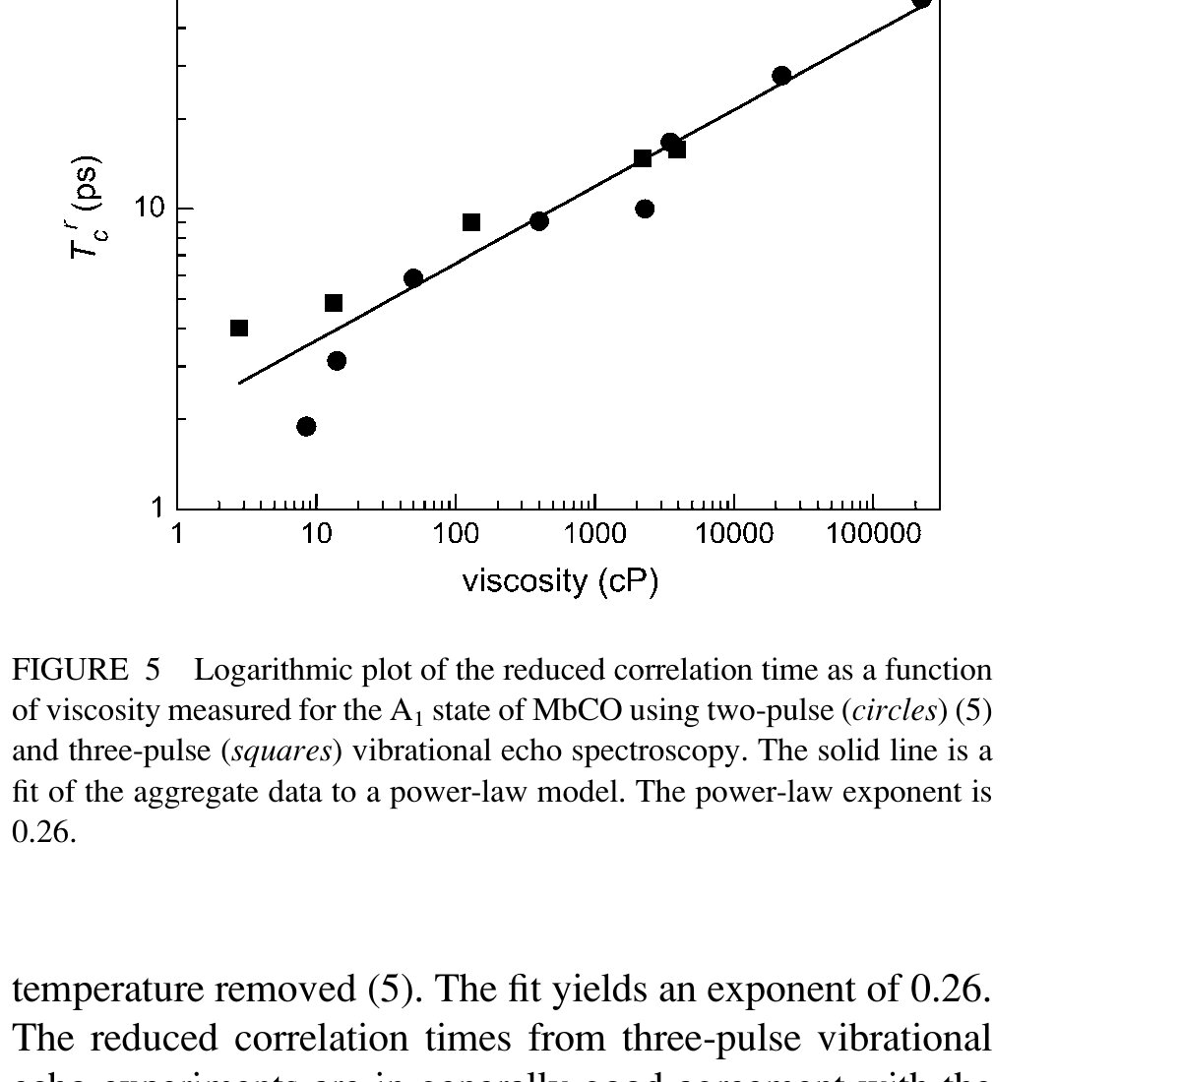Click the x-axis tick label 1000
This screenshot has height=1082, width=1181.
pos(594,534)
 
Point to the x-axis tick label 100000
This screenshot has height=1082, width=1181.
pos(873,534)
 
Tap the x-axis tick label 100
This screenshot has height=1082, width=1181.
pos(455,534)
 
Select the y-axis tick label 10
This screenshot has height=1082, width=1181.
pos(149,208)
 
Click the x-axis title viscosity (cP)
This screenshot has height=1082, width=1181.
pos(560,580)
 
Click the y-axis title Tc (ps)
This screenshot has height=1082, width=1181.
pos(87,208)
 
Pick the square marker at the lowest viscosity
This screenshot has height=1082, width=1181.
pos(239,328)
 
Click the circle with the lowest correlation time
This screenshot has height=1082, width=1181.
pos(306,426)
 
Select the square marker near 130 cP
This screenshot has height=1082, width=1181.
pos(471,222)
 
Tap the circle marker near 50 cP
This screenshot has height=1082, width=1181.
pos(413,278)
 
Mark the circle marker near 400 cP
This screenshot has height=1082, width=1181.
pos(539,220)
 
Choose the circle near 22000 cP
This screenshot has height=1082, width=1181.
pos(781,76)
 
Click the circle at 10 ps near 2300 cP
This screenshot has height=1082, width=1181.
pos(645,209)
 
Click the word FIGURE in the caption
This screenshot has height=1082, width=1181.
pos(69,670)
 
